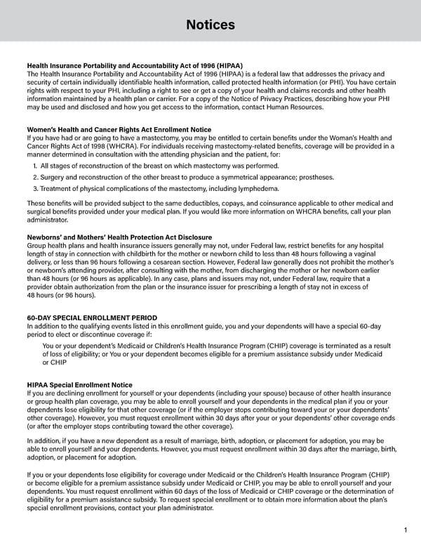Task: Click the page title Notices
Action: click(x=210, y=25)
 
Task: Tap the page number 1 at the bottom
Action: click(x=406, y=530)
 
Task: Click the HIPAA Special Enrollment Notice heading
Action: click(x=79, y=385)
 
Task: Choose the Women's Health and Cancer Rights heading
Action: click(x=119, y=129)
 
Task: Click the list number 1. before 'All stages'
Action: click(x=35, y=166)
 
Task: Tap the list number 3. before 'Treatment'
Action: click(x=35, y=188)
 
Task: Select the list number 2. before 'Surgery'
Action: click(x=35, y=177)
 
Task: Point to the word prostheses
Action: click(x=314, y=177)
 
